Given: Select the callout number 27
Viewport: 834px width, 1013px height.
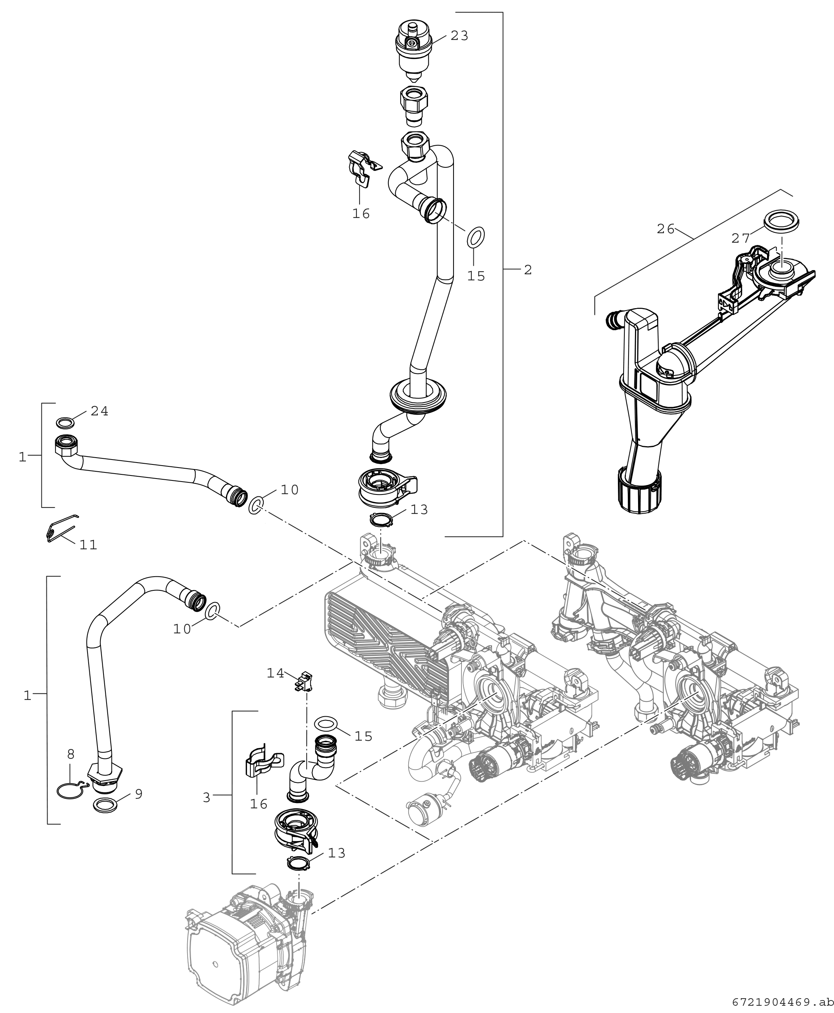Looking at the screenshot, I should pyautogui.click(x=741, y=237).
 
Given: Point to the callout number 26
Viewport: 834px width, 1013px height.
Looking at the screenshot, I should pyautogui.click(x=666, y=229).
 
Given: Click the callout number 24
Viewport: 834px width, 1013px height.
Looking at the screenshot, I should pyautogui.click(x=99, y=411).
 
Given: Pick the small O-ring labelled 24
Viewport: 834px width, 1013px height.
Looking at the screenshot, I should pyautogui.click(x=65, y=423).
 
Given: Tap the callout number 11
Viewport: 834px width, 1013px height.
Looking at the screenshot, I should pyautogui.click(x=88, y=544).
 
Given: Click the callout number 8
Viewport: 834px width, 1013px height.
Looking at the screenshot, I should pyautogui.click(x=71, y=754).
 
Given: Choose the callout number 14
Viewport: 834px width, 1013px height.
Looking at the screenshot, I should pyautogui.click(x=275, y=673).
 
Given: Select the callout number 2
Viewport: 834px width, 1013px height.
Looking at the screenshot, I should pyautogui.click(x=528, y=270).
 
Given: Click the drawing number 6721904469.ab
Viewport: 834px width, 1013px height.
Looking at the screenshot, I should pyautogui.click(x=783, y=1002).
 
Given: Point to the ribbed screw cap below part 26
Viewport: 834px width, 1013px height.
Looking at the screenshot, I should pyautogui.click(x=638, y=492).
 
